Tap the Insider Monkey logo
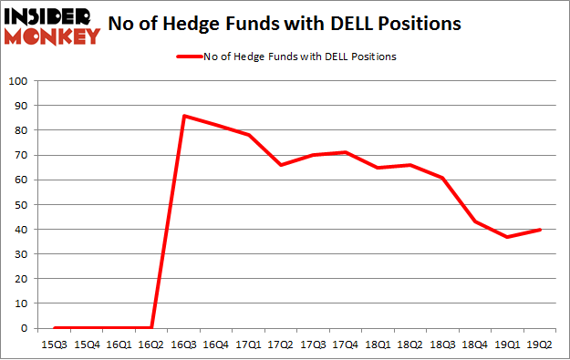52,26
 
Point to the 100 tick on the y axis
20,81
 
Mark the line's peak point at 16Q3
183,116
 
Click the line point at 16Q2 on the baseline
151,328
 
